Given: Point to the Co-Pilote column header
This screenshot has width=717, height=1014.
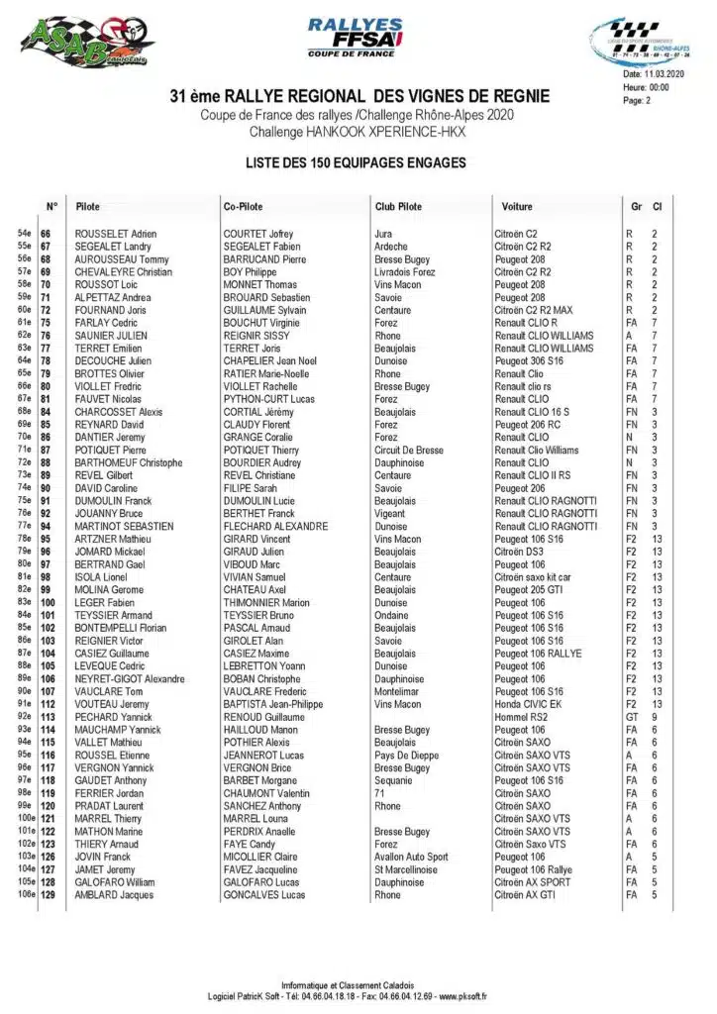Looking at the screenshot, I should pos(243,207).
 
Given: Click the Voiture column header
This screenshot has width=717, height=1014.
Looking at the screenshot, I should pos(517,207).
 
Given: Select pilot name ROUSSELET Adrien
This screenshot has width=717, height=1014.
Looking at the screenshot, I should pos(116,234).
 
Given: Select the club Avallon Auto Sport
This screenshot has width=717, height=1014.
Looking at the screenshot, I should pos(411,858).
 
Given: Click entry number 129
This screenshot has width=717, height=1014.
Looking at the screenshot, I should pos(48,895).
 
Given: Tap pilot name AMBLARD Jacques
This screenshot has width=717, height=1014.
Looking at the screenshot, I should pos(116,895).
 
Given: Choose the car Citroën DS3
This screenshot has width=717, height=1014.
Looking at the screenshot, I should pos(519,552).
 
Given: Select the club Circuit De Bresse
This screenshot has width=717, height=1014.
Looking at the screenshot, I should pos(408,450).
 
